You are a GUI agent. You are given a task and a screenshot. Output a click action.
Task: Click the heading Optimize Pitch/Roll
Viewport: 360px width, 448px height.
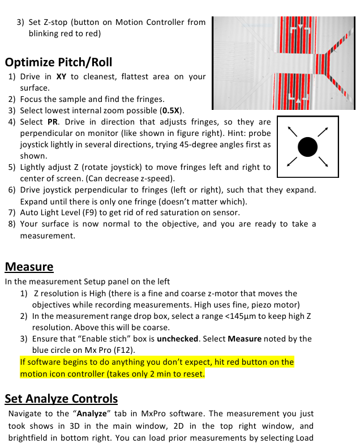(x=58, y=62)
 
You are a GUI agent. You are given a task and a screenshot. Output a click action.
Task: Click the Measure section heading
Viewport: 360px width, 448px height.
(x=29, y=267)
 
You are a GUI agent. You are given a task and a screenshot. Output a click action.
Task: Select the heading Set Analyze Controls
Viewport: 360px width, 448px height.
(x=61, y=399)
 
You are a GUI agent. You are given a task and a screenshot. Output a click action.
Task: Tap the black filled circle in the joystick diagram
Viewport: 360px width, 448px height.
(x=307, y=147)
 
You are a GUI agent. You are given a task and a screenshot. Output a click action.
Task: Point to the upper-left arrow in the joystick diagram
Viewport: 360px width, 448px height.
(x=292, y=131)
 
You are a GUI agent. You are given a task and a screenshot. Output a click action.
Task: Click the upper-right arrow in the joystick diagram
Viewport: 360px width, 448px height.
(x=323, y=131)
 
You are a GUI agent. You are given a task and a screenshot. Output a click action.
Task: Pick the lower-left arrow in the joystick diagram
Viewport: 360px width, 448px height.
(x=292, y=163)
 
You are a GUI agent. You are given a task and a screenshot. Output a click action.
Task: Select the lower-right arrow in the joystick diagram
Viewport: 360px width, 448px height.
(x=323, y=163)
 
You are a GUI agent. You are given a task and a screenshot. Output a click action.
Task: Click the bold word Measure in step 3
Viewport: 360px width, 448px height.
(x=246, y=339)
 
